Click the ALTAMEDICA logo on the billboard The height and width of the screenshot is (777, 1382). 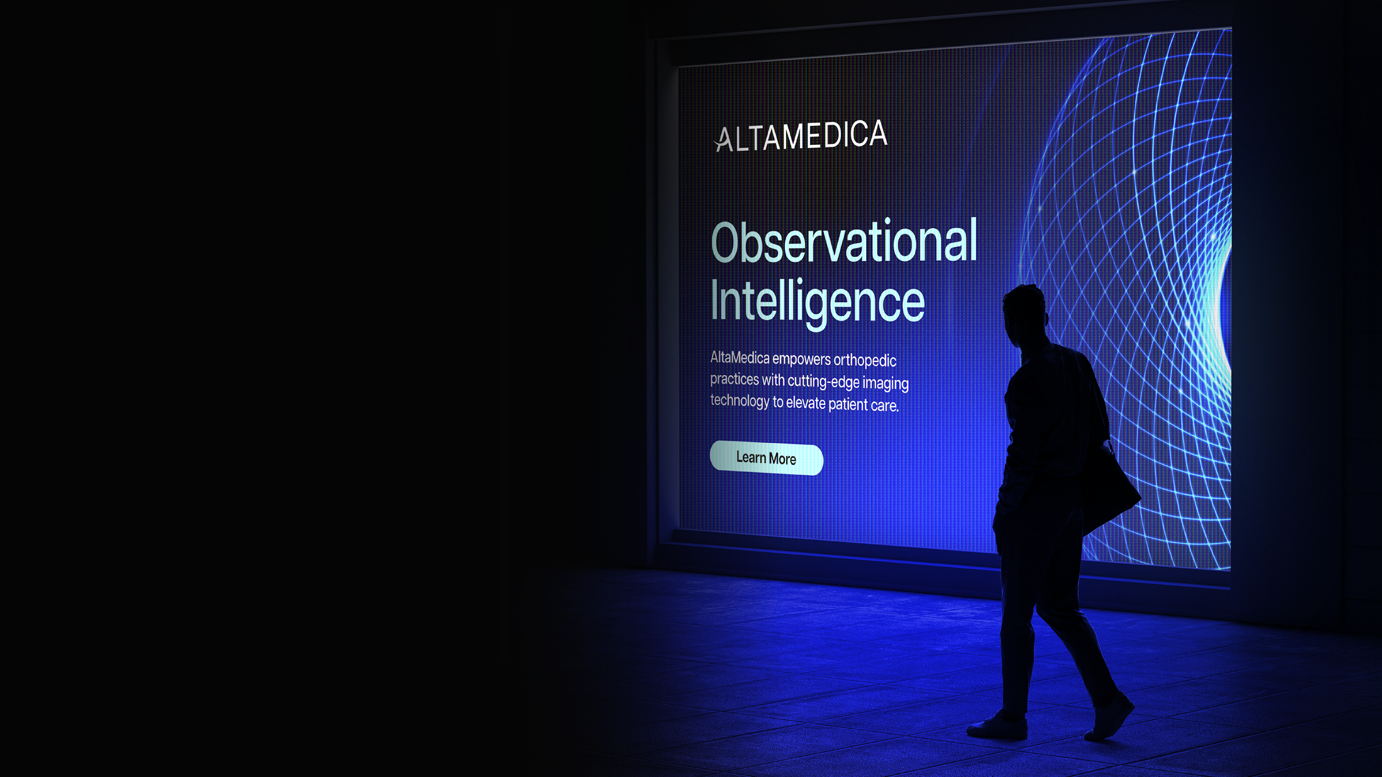(x=801, y=136)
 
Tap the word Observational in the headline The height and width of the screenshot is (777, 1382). (x=844, y=242)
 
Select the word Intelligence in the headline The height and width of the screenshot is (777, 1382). (x=817, y=301)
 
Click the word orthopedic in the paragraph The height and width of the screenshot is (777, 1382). (x=865, y=361)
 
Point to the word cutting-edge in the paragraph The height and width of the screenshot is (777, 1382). (x=823, y=381)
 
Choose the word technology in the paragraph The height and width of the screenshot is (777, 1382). (x=739, y=401)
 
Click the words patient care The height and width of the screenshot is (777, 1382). (x=863, y=405)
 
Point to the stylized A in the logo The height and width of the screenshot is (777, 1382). (x=723, y=140)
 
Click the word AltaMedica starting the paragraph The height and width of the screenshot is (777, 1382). (x=739, y=358)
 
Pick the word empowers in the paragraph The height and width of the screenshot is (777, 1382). (x=802, y=359)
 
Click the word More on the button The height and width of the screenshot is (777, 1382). (x=782, y=459)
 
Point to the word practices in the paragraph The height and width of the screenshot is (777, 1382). (x=734, y=380)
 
